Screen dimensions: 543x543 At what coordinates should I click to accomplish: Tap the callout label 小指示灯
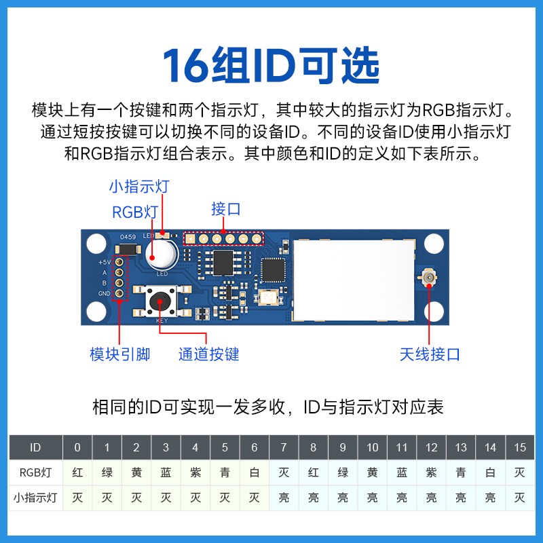139,186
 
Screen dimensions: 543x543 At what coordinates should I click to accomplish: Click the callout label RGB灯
135,212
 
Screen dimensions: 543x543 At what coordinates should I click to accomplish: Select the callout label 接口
226,208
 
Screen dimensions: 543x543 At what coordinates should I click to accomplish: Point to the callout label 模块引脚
119,354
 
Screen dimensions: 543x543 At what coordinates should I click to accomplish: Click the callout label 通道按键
208,354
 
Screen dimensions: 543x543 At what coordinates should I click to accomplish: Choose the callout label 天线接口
430,354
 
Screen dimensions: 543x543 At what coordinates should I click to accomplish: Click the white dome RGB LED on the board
161,255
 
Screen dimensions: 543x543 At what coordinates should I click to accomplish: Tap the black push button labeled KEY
161,301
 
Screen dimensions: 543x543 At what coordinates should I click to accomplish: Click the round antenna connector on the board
430,278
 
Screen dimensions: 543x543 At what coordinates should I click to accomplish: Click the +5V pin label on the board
104,261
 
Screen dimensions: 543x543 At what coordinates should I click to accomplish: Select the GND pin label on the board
104,293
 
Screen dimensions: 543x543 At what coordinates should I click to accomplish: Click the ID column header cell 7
284,447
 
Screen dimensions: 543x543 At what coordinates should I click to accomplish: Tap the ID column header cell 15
520,447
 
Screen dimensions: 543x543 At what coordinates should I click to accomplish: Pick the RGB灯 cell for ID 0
77,472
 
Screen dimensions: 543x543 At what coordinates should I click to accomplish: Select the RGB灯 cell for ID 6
255,472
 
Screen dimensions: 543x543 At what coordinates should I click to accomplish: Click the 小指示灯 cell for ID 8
313,498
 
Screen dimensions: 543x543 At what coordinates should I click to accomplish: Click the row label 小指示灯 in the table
35,498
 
